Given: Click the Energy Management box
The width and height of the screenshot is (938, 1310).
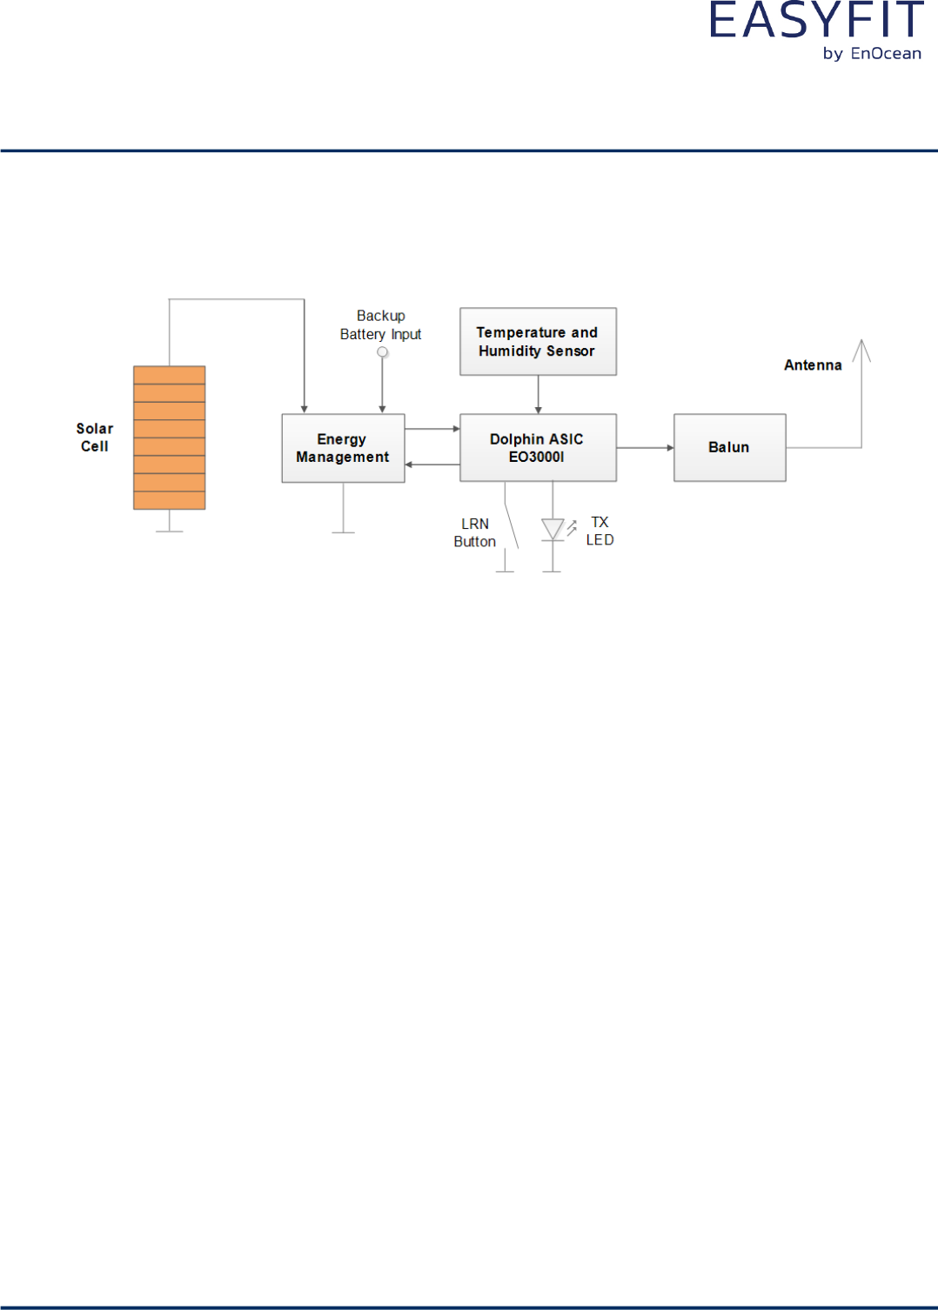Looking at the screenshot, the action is pos(343,448).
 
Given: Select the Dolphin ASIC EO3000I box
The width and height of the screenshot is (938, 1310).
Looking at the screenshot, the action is pos(538,448).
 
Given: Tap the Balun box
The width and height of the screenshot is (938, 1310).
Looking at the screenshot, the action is pos(729,448).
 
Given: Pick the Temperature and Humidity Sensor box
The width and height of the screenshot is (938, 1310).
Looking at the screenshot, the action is pos(538,342).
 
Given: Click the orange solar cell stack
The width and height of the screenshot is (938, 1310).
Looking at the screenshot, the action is pos(169,438).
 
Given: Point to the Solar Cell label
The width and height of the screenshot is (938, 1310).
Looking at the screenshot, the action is pos(95,438).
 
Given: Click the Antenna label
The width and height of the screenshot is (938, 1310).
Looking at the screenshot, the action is pos(813,365).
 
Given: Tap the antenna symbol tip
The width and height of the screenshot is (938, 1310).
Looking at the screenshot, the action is pos(861,342).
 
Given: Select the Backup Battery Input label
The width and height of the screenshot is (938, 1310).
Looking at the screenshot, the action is pos(380,325).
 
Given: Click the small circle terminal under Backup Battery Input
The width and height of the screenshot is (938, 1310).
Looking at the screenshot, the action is pos(382,352).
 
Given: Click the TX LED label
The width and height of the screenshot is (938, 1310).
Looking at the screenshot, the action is pos(600,531).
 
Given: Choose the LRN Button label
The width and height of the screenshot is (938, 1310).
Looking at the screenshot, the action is pos(475,532).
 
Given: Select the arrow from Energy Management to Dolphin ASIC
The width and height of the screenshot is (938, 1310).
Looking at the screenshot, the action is pos(432,429).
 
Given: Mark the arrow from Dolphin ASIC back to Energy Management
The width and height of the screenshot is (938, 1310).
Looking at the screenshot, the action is pos(432,465).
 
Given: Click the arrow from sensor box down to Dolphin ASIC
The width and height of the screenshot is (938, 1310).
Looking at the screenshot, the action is pos(539,395).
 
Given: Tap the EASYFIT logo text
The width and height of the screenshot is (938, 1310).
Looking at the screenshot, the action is pos(816,21).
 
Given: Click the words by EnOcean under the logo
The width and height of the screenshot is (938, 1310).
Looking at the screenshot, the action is pos(872,54).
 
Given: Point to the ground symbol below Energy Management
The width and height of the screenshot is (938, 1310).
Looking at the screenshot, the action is pos(344,531).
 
